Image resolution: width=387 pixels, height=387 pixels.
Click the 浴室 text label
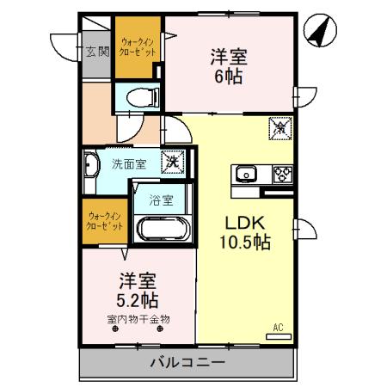[x=161, y=200]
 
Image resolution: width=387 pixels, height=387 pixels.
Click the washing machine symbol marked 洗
[x=173, y=160]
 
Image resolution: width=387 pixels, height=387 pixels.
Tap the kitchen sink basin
[x=247, y=173]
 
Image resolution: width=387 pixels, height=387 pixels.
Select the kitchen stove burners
[x=281, y=173]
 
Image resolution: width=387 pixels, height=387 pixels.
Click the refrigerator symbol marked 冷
[x=279, y=130]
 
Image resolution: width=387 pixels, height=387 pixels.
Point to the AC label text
[x=278, y=327]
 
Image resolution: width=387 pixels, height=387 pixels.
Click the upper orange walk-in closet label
[x=138, y=46]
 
